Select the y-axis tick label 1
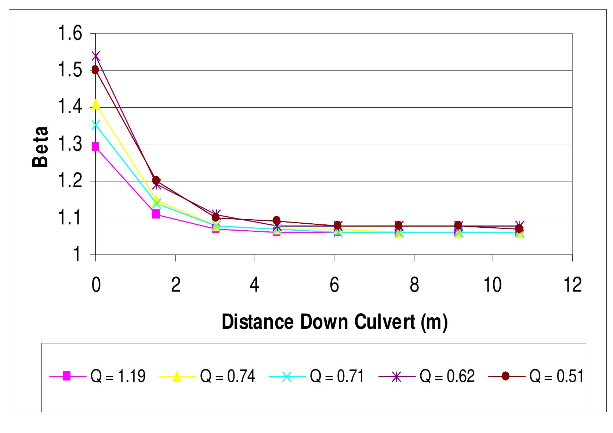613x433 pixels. (77, 255)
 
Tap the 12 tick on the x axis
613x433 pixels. (572, 285)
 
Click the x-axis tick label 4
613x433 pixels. (254, 285)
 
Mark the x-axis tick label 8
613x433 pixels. (414, 285)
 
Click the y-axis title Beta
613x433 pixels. (40, 147)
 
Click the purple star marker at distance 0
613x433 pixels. (96, 56)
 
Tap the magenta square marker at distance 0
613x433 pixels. (95, 147)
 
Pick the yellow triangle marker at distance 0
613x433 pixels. (96, 105)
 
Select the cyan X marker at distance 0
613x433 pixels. (96, 125)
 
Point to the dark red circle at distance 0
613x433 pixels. (95, 70)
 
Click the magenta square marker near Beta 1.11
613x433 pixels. (156, 214)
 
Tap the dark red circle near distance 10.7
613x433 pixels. (519, 229)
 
